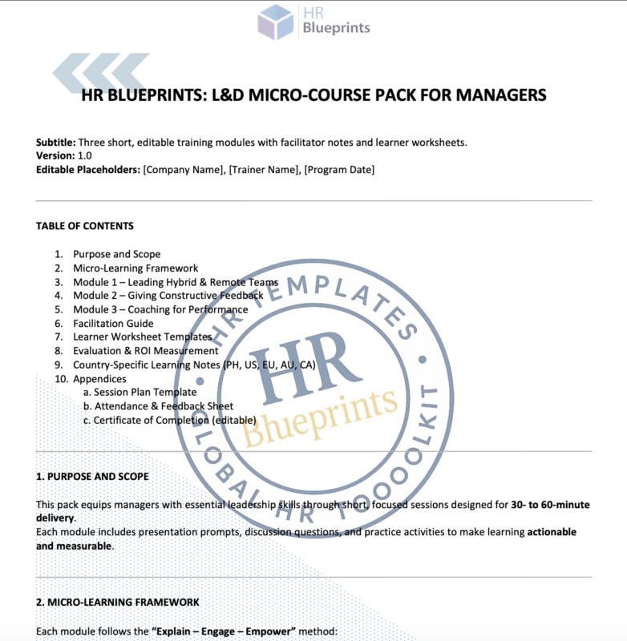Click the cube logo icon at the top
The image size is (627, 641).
[276, 22]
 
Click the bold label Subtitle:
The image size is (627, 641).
[56, 143]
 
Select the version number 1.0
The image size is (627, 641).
[84, 155]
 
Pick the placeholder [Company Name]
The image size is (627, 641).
[180, 169]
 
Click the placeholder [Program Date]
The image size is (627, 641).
[339, 169]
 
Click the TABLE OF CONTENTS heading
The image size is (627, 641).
[85, 226]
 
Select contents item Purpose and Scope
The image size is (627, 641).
[116, 254]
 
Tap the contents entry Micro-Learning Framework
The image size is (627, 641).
[136, 268]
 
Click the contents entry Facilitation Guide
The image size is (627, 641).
[113, 324]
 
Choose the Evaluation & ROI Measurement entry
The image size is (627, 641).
[145, 351]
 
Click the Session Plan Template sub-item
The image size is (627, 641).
[144, 392]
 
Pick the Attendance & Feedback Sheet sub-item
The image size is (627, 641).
[164, 406]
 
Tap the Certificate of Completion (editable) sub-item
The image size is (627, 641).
[175, 420]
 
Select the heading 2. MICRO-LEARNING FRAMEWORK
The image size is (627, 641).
[118, 602]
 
